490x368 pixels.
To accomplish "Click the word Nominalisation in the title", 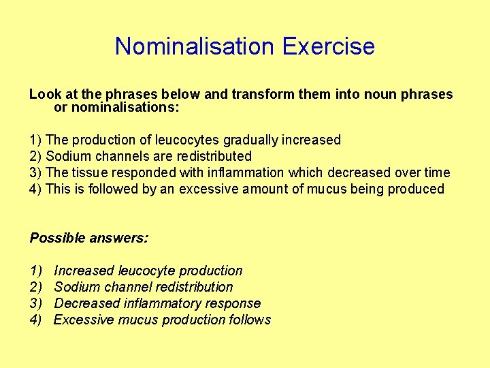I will (195, 46).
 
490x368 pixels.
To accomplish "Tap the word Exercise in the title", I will (328, 46).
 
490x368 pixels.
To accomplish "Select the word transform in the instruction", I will (265, 94).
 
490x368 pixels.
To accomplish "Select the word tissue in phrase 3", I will (91, 172).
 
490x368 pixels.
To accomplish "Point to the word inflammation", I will (248, 172).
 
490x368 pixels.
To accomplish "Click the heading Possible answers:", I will (89, 238).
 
